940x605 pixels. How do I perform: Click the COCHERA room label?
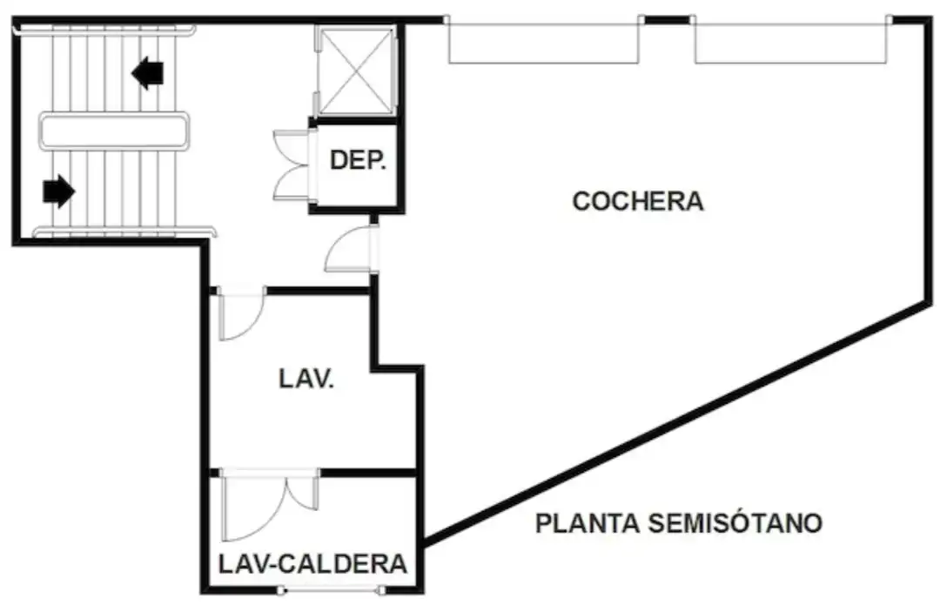[x=638, y=201]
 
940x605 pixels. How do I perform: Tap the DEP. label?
[x=358, y=160]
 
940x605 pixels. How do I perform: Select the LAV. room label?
[x=306, y=379]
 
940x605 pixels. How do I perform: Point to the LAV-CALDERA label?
[x=312, y=564]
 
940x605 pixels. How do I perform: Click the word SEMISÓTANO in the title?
[x=735, y=523]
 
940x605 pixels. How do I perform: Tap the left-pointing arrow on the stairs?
[x=147, y=72]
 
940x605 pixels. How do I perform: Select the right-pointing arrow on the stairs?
[x=59, y=192]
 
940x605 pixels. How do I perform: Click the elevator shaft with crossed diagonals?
[x=356, y=71]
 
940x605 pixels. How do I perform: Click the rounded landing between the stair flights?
[x=114, y=131]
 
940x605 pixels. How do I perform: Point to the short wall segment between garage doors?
[x=667, y=20]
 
